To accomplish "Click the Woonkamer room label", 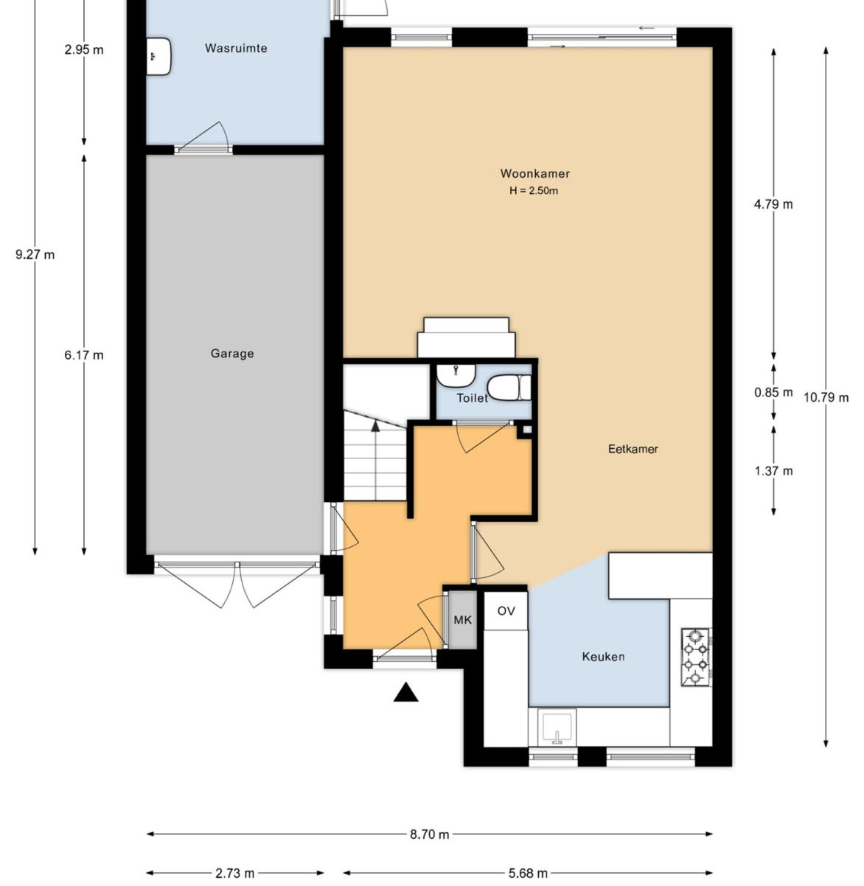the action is [534, 173].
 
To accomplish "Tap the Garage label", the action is [231, 353].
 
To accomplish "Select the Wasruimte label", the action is [236, 48].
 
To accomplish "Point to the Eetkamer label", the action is [633, 449].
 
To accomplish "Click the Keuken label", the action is [603, 657].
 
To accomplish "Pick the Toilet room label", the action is [472, 398].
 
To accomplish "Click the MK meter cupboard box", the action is [463, 620].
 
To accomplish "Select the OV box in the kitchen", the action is [506, 610].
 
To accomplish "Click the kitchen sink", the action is [557, 728].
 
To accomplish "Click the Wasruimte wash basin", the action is [158, 57].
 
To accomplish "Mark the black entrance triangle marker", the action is [405, 692].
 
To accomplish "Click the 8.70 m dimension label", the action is [429, 834].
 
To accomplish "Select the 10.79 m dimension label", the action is [826, 398].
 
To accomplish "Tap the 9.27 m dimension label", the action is [35, 254].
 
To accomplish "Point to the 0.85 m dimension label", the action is [773, 392].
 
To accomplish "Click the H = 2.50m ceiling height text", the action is [533, 191].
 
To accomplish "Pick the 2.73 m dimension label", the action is [234, 873].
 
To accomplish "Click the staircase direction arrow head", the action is [375, 426].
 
